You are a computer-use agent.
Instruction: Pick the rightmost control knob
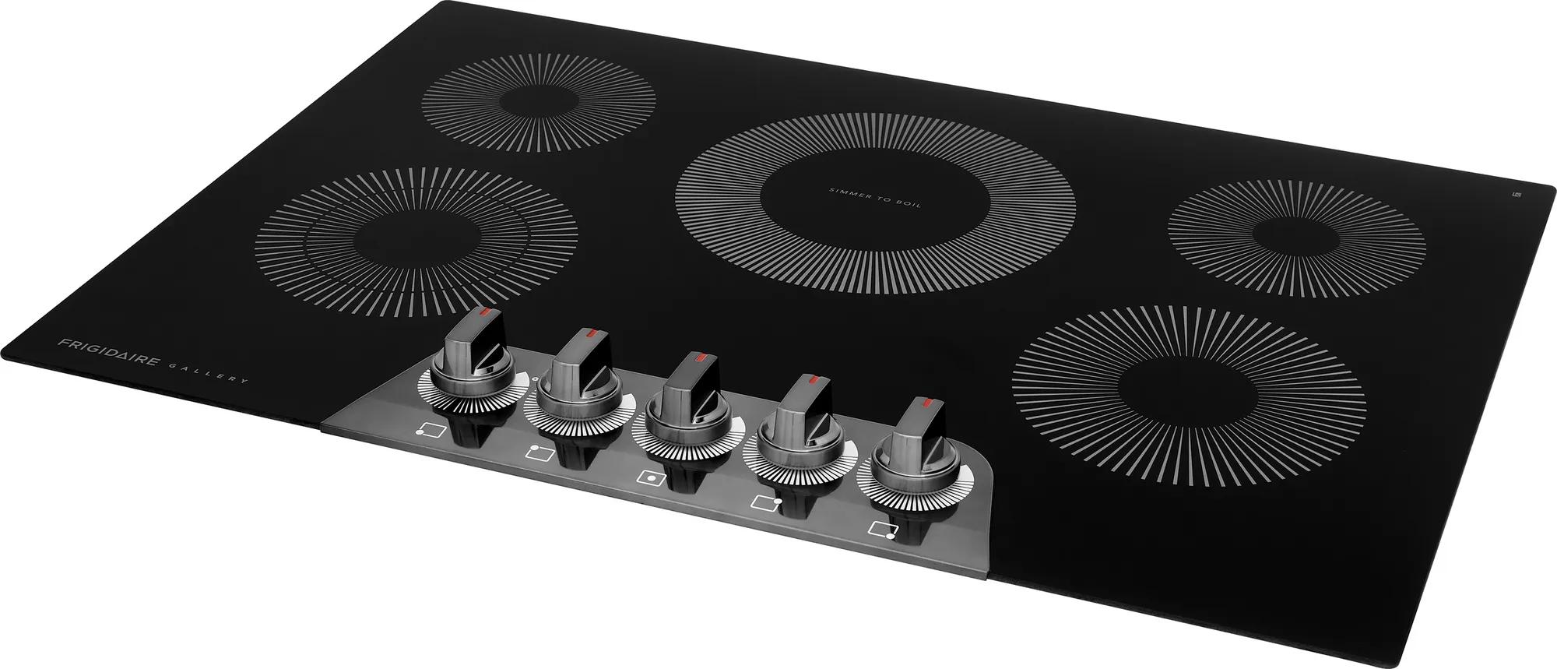[906, 448]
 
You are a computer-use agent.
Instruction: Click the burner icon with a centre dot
[648, 478]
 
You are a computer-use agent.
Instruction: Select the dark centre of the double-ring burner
[412, 243]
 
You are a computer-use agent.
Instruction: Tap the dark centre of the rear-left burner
[537, 103]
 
